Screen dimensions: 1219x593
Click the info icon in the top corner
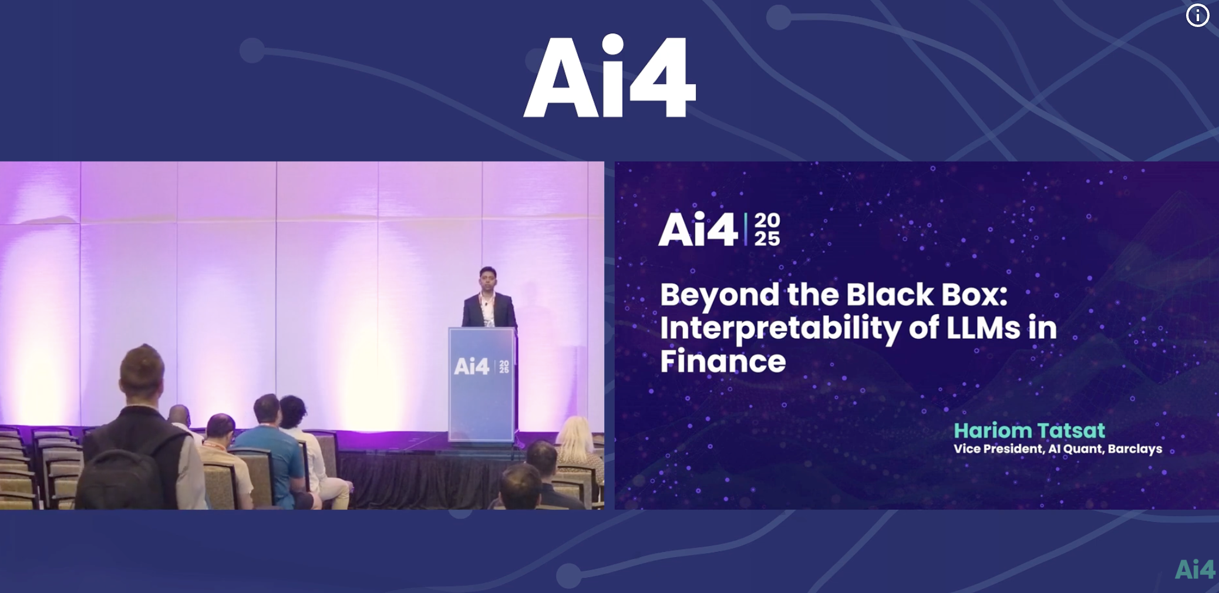tap(1197, 16)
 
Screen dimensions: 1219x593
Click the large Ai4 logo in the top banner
tap(609, 76)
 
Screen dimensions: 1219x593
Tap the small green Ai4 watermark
tap(1195, 570)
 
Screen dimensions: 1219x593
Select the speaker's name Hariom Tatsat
tap(1029, 430)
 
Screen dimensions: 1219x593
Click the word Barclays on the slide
tap(1135, 449)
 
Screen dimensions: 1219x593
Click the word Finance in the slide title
tap(723, 360)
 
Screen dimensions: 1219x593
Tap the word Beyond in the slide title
tap(720, 295)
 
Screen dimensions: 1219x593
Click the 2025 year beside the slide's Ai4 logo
tap(767, 230)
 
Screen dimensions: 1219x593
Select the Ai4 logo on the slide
tap(698, 230)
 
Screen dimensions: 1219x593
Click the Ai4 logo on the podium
tap(472, 367)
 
